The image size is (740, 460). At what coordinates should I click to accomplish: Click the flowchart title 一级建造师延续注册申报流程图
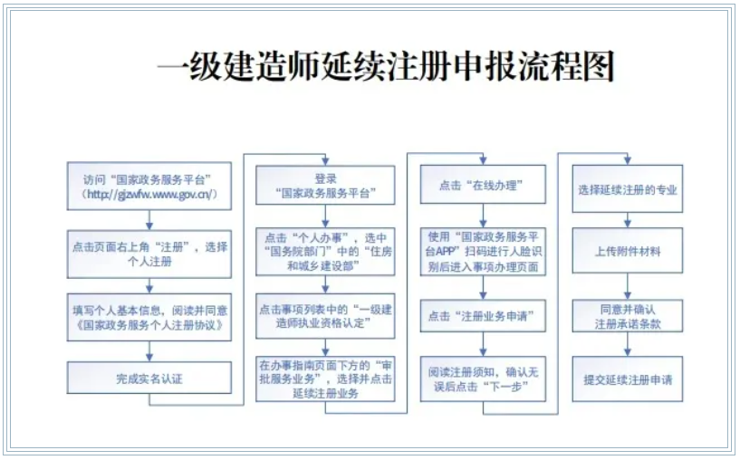point(386,66)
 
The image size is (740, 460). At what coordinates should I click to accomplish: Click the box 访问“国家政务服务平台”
point(149,186)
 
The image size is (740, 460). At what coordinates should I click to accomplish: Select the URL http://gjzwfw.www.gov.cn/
point(149,195)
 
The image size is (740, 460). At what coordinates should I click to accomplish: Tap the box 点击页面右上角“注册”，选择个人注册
point(149,254)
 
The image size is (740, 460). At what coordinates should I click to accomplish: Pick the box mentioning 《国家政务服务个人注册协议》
point(149,317)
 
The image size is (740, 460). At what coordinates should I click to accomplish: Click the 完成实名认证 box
point(149,378)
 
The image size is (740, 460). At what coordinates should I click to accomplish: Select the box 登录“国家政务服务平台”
point(325,185)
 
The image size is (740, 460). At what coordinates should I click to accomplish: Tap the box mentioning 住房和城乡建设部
point(325,252)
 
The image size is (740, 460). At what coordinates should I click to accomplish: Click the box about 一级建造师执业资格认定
point(325,316)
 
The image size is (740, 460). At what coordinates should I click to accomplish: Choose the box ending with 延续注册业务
point(325,379)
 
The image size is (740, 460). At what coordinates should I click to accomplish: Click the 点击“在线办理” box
point(483,185)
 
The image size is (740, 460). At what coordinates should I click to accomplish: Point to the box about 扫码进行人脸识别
point(483,252)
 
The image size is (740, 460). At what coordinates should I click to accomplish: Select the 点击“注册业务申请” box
point(483,316)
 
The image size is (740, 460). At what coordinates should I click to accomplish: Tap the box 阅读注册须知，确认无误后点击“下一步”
point(483,379)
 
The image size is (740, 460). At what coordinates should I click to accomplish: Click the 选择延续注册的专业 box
point(627,188)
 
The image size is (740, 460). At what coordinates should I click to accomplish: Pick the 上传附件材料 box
point(627,251)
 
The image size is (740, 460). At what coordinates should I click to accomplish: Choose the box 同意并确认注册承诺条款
point(627,316)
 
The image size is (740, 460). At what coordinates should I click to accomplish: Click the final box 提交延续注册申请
point(627,379)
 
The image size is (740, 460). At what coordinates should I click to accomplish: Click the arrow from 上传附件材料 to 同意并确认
point(627,286)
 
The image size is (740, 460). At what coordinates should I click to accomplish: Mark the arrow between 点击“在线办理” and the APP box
point(483,216)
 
